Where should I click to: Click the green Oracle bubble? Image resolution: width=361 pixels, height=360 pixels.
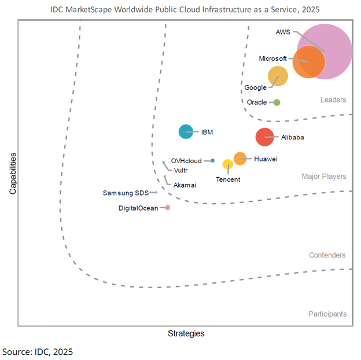pyautogui.click(x=277, y=102)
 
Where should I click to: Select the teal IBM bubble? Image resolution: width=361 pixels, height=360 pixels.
pyautogui.click(x=186, y=132)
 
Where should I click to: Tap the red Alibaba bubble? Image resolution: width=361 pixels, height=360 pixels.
pyautogui.click(x=264, y=137)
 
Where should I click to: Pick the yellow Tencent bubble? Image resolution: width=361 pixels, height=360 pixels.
pyautogui.click(x=227, y=165)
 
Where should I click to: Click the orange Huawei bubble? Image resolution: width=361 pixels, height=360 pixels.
pyautogui.click(x=240, y=159)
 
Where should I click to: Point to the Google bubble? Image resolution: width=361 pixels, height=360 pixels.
pyautogui.click(x=278, y=76)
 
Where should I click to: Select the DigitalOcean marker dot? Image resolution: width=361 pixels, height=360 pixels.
pyautogui.click(x=168, y=207)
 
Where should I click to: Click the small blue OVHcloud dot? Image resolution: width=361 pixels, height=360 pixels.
pyautogui.click(x=213, y=160)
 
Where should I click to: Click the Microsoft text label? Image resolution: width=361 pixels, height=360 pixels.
pyautogui.click(x=272, y=58)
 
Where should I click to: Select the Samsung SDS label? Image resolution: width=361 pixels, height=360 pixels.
pyautogui.click(x=126, y=193)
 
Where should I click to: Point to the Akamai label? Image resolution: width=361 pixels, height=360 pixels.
pyautogui.click(x=185, y=185)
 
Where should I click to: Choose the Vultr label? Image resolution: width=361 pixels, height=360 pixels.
pyautogui.click(x=181, y=170)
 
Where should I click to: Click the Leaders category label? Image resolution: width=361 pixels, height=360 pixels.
pyautogui.click(x=333, y=100)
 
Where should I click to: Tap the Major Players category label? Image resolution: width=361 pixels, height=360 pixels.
pyautogui.click(x=324, y=177)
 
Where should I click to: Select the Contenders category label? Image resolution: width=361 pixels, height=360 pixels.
pyautogui.click(x=327, y=255)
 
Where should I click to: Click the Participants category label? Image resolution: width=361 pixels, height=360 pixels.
pyautogui.click(x=327, y=314)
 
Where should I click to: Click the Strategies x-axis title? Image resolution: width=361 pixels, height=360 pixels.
pyautogui.click(x=186, y=333)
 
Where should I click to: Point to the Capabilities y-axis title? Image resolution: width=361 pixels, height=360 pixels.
pyautogui.click(x=12, y=173)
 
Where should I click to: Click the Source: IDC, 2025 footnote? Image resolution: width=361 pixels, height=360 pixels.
pyautogui.click(x=38, y=351)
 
